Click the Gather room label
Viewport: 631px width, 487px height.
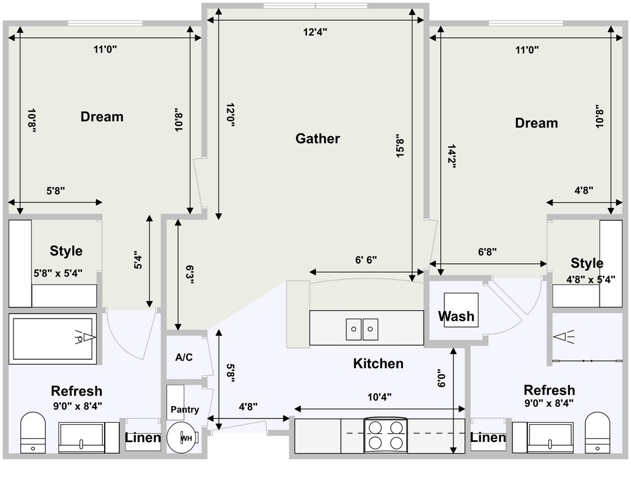317,139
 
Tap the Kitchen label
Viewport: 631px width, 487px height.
378,364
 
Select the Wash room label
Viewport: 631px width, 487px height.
456,316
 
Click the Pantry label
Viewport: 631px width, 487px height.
185,410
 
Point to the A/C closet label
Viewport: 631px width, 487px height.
184,357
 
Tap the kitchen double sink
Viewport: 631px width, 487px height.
362,329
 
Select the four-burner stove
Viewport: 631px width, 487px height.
386,435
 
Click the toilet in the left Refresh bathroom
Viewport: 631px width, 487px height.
33,432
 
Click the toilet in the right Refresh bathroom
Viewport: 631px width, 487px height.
598,432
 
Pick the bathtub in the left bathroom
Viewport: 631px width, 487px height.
52,339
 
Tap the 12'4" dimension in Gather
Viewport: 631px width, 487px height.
315,32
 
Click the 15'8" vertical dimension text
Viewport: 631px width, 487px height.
399,146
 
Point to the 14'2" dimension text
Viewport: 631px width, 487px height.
451,156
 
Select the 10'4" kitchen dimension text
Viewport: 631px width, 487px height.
380,398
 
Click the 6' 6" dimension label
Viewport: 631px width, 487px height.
366,260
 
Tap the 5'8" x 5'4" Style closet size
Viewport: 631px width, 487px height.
58,273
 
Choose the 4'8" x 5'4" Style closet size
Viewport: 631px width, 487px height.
591,280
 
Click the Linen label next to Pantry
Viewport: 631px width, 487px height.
143,438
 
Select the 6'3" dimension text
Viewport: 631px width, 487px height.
190,275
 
